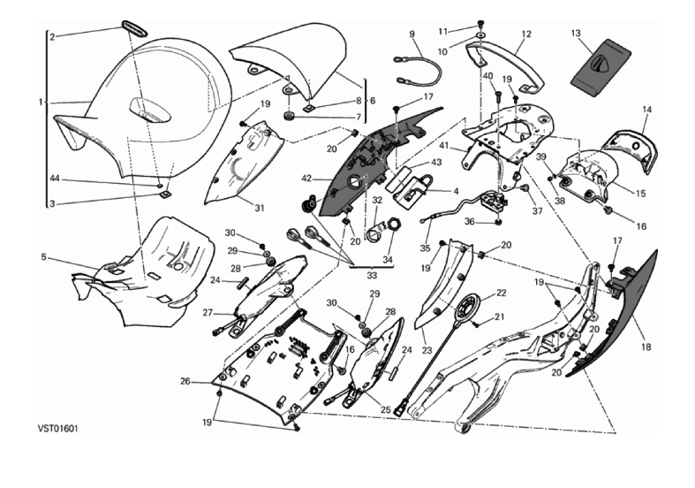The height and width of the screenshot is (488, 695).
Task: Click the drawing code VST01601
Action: coord(58,427)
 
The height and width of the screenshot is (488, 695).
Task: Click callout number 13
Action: coord(576,34)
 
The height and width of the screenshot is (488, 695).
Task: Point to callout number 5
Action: coord(44,258)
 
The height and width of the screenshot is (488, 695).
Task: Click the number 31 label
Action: coord(260,209)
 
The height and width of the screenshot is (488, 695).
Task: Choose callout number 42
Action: coord(307,178)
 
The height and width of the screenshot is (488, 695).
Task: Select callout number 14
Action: coord(646,110)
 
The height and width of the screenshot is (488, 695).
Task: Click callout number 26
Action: coord(185,381)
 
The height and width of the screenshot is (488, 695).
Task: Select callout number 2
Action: coord(52,36)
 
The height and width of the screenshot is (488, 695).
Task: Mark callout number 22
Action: coord(501,293)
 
